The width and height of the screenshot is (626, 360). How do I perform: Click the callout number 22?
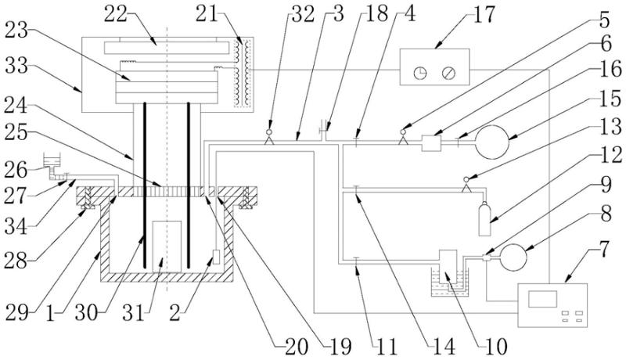coord(115,14)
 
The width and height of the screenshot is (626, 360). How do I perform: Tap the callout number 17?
coord(484,14)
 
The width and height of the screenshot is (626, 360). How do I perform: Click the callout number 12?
coord(611,155)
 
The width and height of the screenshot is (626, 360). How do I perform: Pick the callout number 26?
coord(16,171)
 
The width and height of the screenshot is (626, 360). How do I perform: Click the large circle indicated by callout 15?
coord(492,142)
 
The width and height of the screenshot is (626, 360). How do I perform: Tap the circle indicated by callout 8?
coord(514,257)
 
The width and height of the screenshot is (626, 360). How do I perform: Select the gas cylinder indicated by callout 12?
coord(484,219)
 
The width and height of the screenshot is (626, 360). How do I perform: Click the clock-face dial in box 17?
coord(420,73)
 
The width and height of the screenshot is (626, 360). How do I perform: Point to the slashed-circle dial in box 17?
coord(448,73)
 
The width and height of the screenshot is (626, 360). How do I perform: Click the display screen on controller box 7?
coord(542,299)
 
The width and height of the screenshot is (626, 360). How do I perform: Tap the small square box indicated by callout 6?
coord(432,143)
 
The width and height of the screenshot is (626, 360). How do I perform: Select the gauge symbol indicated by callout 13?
coord(466,185)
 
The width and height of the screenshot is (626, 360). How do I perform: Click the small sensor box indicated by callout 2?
coord(216,257)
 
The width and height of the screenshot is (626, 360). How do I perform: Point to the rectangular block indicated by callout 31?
coord(167,247)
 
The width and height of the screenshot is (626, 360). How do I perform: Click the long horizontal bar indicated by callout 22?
coord(167,48)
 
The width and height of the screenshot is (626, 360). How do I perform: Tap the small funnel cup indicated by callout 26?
coord(51,160)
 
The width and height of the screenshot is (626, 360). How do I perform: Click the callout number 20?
coord(297,347)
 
